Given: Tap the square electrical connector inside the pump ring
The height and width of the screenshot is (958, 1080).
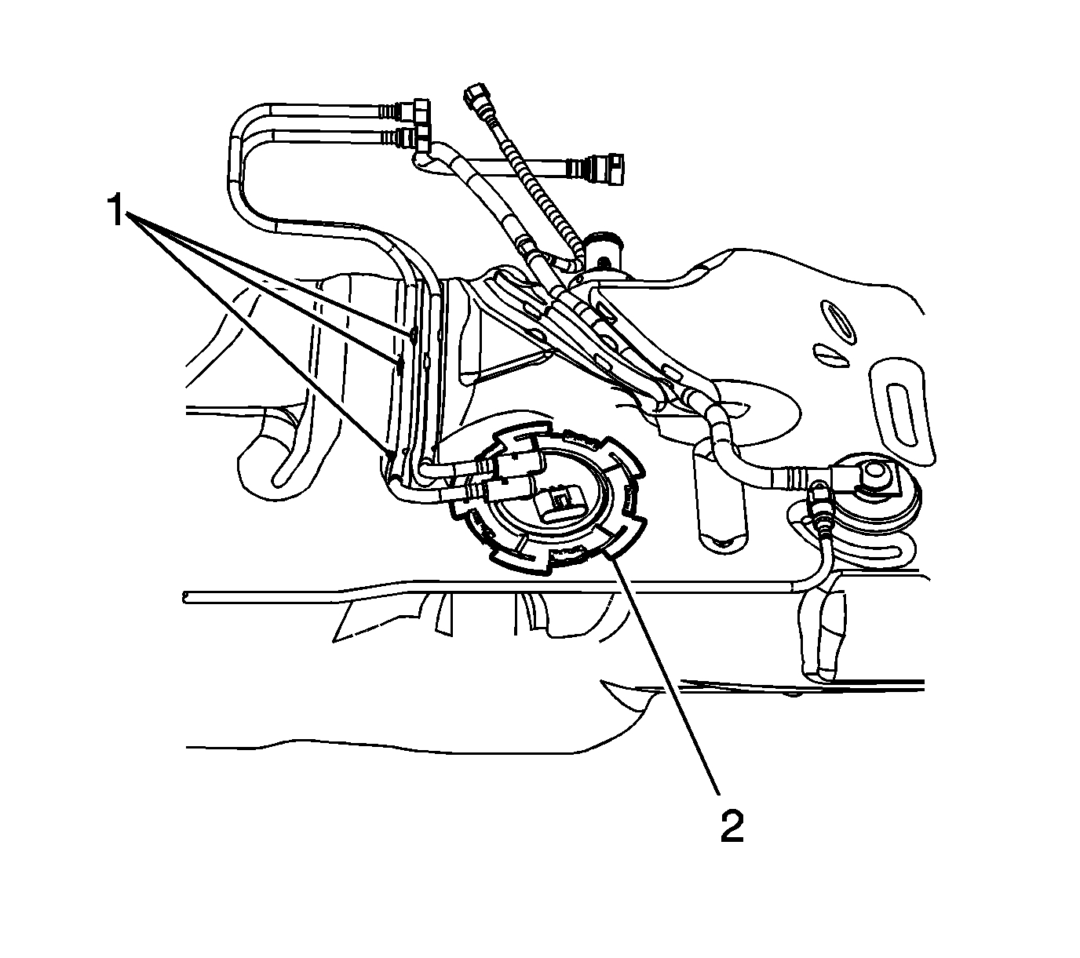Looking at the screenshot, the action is (560, 505).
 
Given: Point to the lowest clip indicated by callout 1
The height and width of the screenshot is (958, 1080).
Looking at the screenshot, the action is (389, 452).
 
